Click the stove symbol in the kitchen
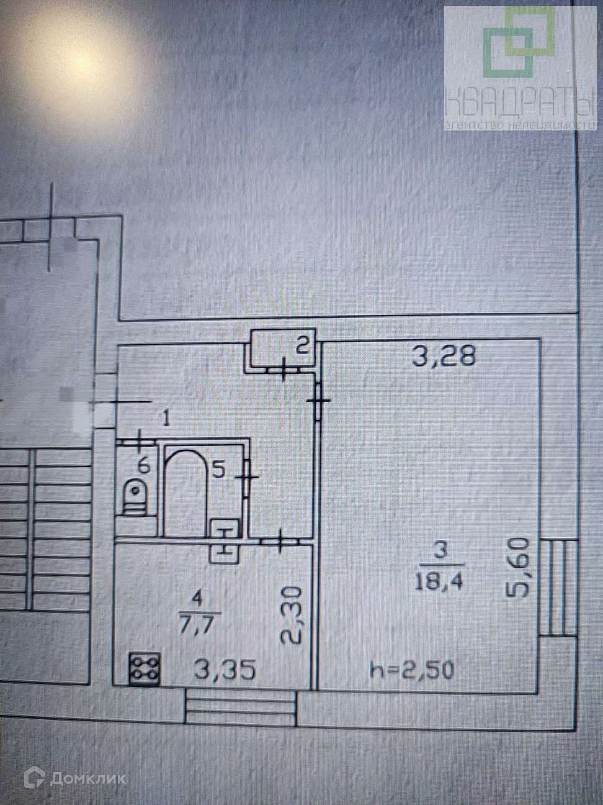tap(145, 669)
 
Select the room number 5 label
tap(218, 470)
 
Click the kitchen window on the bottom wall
tap(240, 704)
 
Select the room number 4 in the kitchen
tap(198, 600)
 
